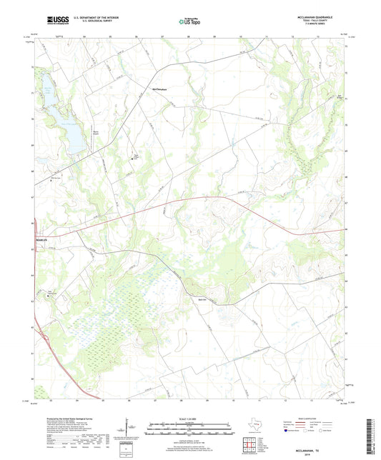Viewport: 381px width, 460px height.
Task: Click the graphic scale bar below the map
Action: [x=190, y=430]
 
